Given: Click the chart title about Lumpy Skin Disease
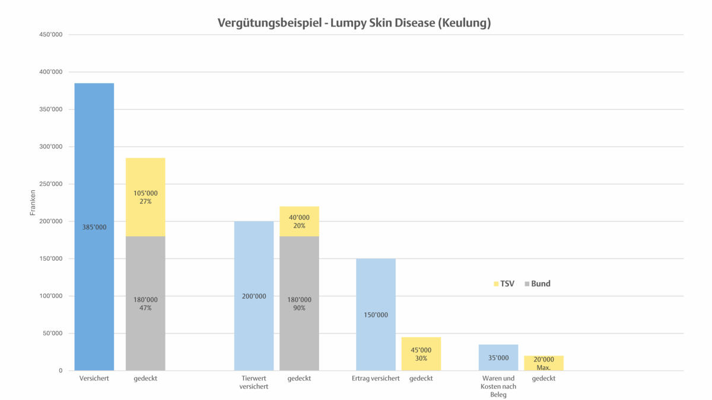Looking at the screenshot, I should pyautogui.click(x=354, y=23).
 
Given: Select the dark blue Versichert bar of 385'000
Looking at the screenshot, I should pyautogui.click(x=94, y=227).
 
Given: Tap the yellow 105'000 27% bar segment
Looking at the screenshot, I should pyautogui.click(x=145, y=197).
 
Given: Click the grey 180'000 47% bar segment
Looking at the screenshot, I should pyautogui.click(x=145, y=303).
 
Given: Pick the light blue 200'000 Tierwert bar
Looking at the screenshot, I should pyautogui.click(x=254, y=296).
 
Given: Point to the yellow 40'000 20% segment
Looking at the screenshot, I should pyautogui.click(x=299, y=222).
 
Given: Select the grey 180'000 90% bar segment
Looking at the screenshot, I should pyautogui.click(x=299, y=303).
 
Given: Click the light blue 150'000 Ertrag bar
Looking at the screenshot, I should pyautogui.click(x=376, y=315).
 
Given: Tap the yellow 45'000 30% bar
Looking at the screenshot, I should pyautogui.click(x=421, y=354).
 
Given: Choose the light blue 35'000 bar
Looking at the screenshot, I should pyautogui.click(x=498, y=357).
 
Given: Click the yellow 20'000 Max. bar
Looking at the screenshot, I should pyautogui.click(x=543, y=363).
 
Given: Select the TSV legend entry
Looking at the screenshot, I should pyautogui.click(x=504, y=284).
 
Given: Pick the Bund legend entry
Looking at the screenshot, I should pyautogui.click(x=538, y=284).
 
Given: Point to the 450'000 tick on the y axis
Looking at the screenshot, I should pyautogui.click(x=50, y=34).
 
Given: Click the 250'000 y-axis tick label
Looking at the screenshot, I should pyautogui.click(x=50, y=184).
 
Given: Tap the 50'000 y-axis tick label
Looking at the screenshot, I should pyautogui.click(x=52, y=333).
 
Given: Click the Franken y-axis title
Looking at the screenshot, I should pyautogui.click(x=33, y=203).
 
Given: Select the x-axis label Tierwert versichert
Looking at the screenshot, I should pyautogui.click(x=254, y=382).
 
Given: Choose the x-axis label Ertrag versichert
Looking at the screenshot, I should pyautogui.click(x=376, y=378).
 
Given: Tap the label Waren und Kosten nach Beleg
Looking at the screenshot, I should pyautogui.click(x=498, y=386).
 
